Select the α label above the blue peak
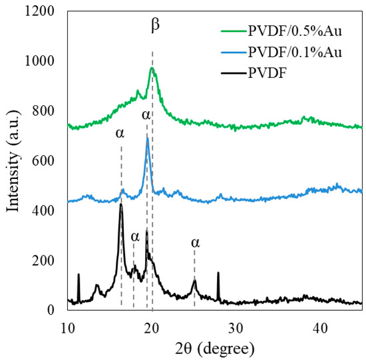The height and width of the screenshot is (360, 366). click(x=146, y=116)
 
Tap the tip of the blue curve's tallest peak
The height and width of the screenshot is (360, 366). click(x=147, y=138)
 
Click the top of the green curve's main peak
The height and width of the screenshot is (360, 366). click(x=152, y=68)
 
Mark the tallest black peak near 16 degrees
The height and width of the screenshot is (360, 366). click(x=121, y=204)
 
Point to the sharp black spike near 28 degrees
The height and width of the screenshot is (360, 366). click(x=218, y=272)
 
